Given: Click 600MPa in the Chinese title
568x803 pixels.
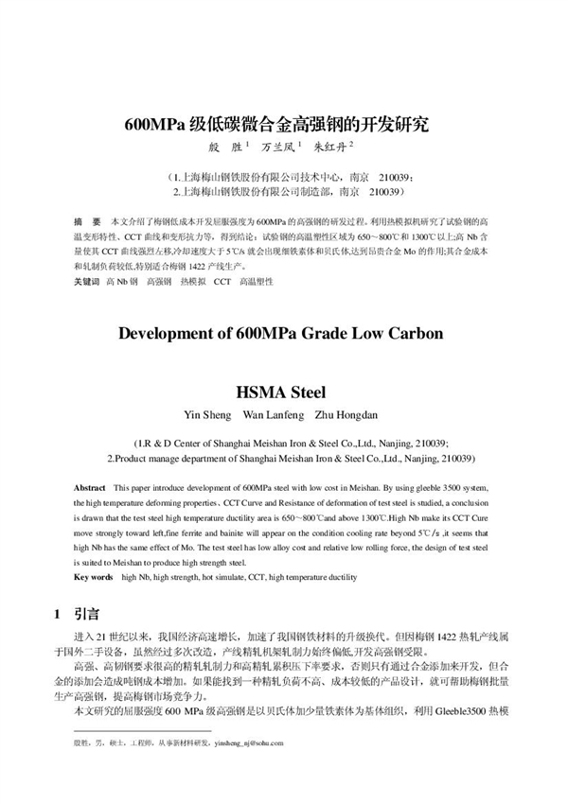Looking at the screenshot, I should (x=156, y=123).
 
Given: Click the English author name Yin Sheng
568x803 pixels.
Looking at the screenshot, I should (x=206, y=414).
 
